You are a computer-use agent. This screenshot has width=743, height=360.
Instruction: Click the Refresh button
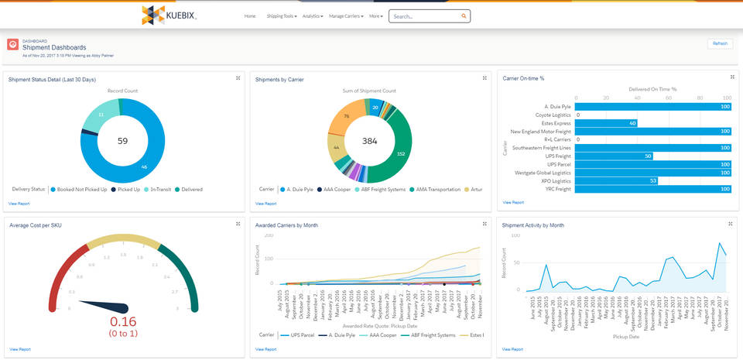tap(719, 43)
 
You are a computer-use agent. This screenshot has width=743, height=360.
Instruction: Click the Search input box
tap(425, 15)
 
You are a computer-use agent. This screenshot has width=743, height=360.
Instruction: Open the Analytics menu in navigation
tap(313, 15)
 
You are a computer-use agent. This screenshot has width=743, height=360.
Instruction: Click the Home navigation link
tap(250, 15)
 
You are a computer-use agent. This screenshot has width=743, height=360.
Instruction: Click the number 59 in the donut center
tap(122, 141)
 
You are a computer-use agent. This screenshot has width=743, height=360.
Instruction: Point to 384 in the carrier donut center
tap(369, 141)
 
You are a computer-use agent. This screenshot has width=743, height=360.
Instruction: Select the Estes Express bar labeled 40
tap(607, 123)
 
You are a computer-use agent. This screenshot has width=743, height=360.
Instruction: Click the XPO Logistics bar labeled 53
tap(617, 180)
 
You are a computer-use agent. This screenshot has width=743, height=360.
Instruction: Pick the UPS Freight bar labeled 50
tap(615, 156)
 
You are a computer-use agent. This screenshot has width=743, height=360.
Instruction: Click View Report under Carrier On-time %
tap(512, 202)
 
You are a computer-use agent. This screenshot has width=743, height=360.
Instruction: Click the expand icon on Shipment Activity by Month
tap(731, 224)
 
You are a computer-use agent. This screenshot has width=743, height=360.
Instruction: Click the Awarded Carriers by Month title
tap(286, 225)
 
